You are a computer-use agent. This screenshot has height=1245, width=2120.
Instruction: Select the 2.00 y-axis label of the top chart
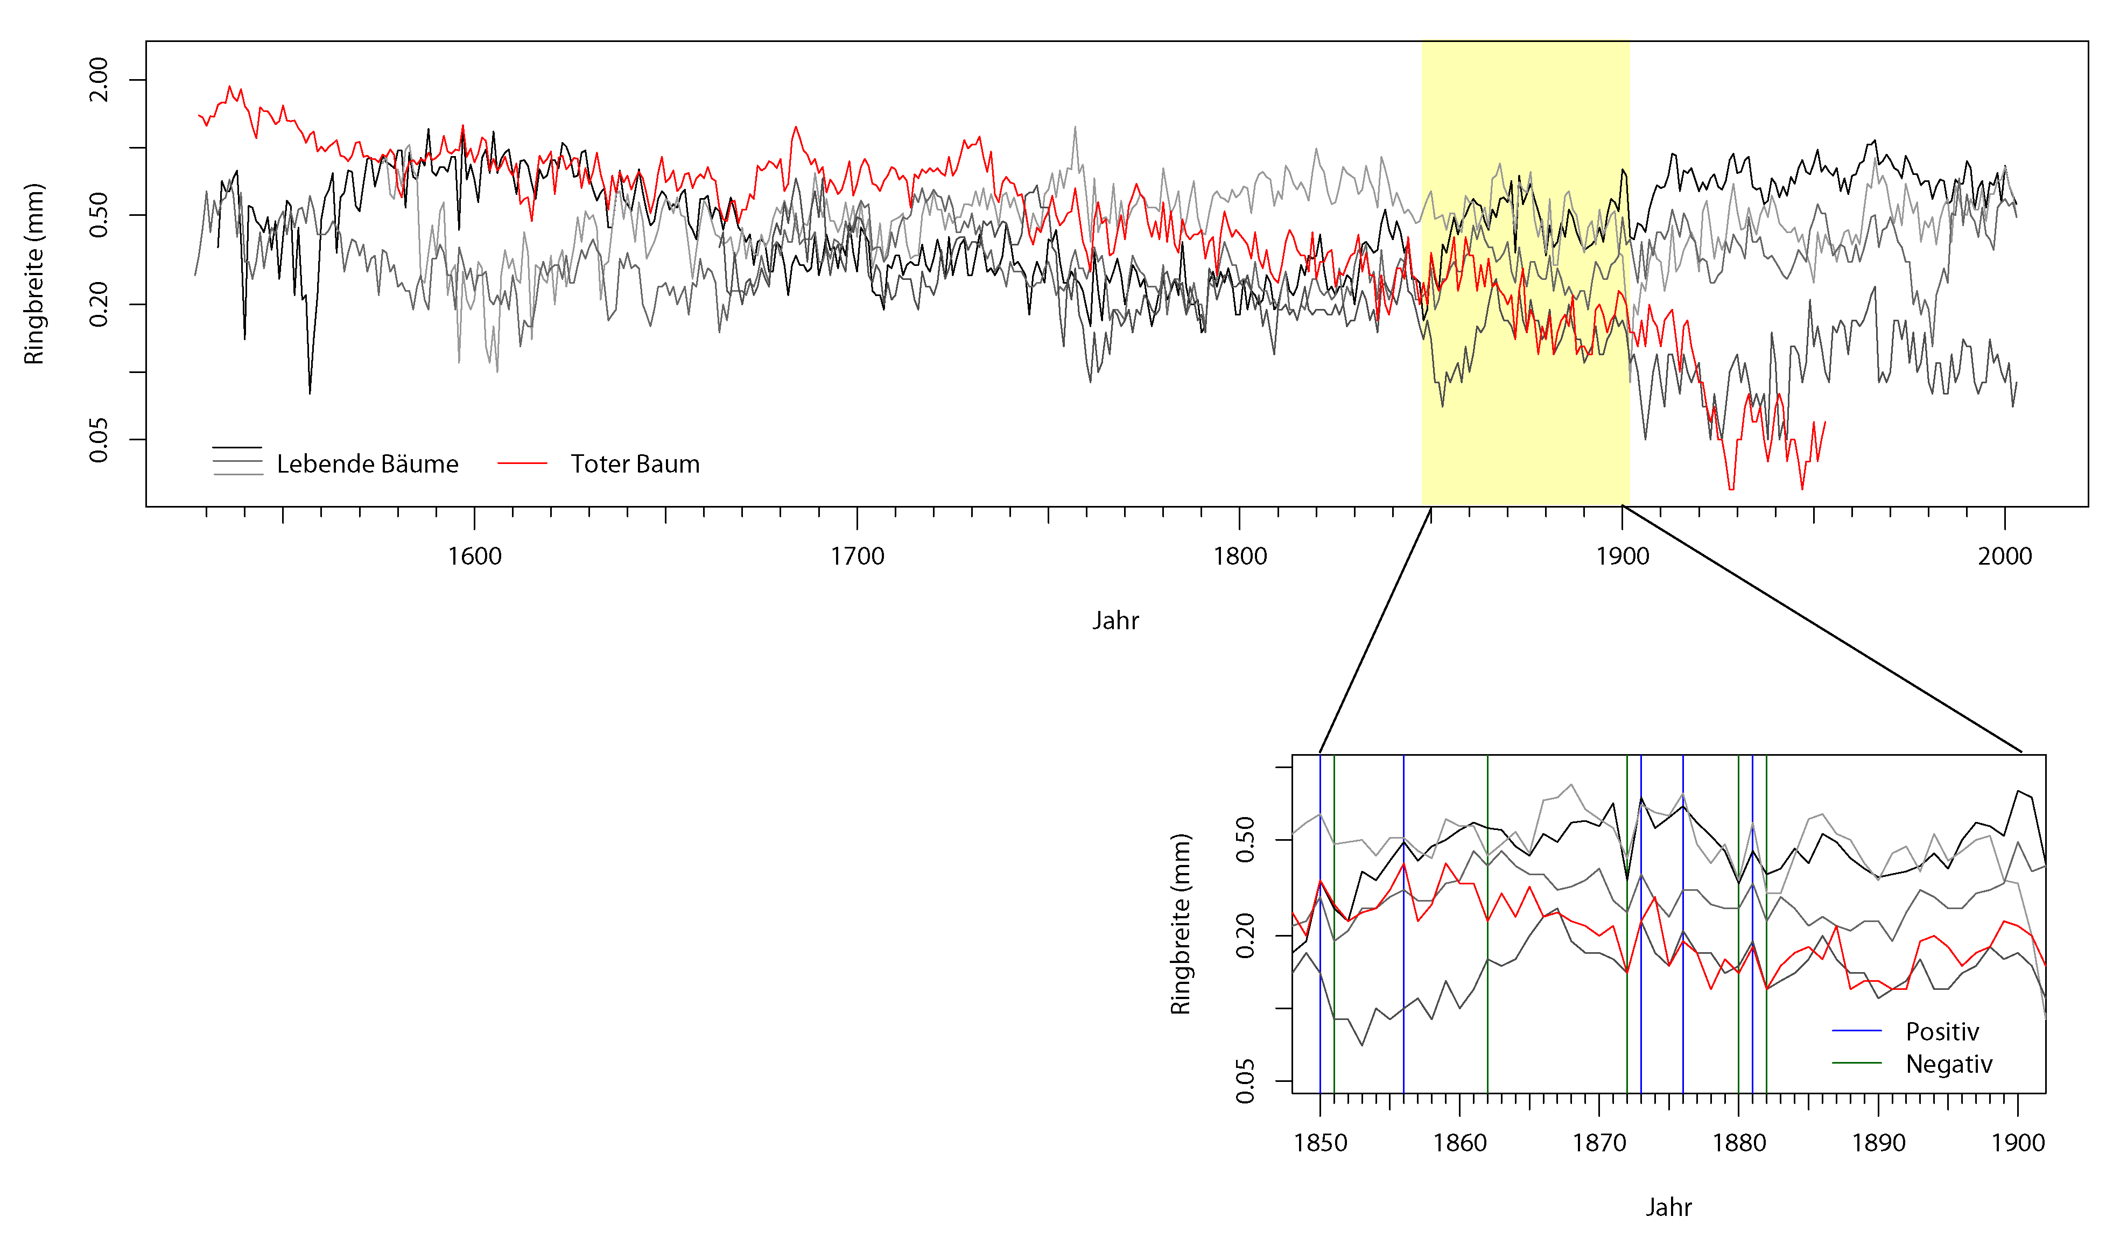coord(99,79)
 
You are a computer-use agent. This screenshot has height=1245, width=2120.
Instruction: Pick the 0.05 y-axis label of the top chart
coord(99,439)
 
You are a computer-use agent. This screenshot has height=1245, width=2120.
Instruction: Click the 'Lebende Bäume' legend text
coord(368,465)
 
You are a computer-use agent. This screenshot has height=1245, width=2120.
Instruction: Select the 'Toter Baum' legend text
coord(635,465)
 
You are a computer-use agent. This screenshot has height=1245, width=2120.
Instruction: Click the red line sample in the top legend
coord(522,463)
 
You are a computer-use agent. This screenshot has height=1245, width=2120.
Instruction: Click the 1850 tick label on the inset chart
coord(1321,1143)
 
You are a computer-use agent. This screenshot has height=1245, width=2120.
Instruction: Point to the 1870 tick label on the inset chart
coord(1599,1143)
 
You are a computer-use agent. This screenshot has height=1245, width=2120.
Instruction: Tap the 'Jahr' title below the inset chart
coord(1669,1208)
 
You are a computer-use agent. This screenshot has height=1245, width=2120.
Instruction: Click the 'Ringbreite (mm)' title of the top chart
coord(34,274)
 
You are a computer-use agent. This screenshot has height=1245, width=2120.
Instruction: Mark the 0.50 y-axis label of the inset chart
coord(1245,840)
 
